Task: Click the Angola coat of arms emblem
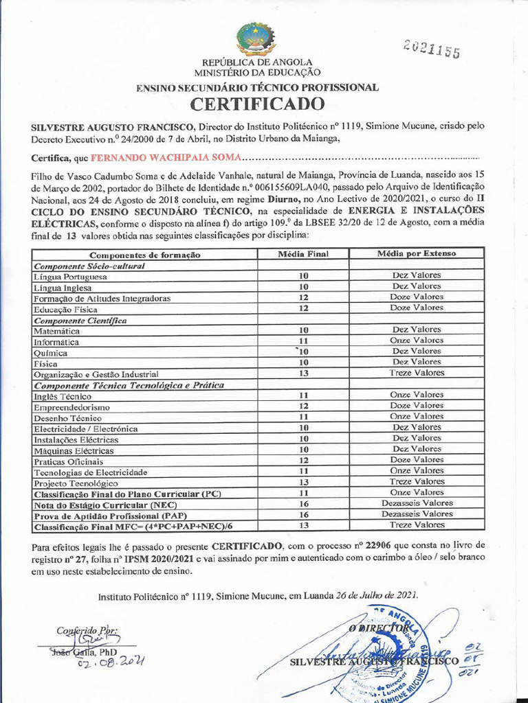tap(256, 39)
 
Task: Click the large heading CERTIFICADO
tap(256, 104)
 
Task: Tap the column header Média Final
tap(302, 254)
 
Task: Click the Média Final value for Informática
tap(302, 341)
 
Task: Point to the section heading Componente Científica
tap(80, 320)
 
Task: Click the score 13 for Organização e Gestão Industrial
tap(302, 373)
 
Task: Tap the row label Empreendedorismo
tap(72, 407)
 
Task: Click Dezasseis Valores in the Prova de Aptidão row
tap(417, 514)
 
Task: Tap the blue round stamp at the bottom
tap(385, 656)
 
